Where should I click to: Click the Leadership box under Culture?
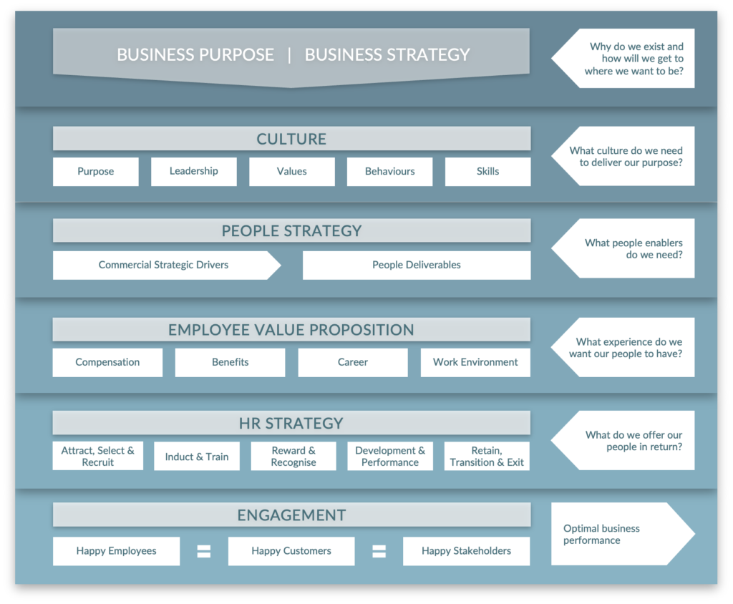tap(193, 172)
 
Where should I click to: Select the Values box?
tap(291, 172)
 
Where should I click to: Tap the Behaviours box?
tap(389, 172)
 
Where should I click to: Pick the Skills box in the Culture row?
tap(487, 172)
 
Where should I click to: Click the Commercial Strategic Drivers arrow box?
tap(164, 265)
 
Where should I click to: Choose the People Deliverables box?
tap(417, 265)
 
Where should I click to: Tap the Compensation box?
tap(107, 362)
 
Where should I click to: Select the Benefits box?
tap(230, 362)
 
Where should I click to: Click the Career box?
tap(353, 362)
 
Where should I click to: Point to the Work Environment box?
tap(475, 362)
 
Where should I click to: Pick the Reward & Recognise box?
tap(293, 457)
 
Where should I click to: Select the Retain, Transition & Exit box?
tap(487, 457)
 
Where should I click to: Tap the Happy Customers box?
tap(291, 551)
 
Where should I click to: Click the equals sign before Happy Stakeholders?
tap(379, 551)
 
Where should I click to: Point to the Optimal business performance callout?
tap(619, 534)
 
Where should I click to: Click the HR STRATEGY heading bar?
tap(291, 423)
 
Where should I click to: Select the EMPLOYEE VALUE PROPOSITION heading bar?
tap(291, 330)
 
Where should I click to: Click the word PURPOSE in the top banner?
tap(239, 54)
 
